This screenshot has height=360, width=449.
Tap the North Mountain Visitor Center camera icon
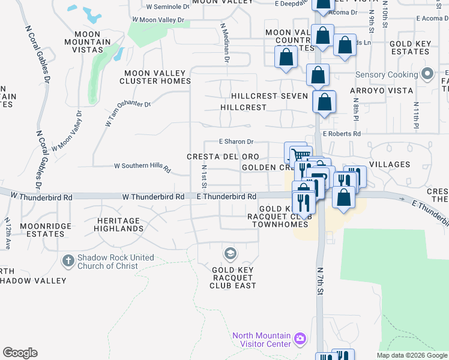click(x=300, y=340)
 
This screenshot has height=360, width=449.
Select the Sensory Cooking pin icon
click(x=427, y=74)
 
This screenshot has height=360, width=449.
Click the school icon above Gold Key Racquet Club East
click(x=229, y=254)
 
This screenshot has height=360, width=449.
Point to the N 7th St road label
click(x=321, y=281)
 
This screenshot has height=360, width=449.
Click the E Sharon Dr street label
click(x=237, y=142)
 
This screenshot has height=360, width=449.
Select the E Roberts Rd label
click(x=342, y=134)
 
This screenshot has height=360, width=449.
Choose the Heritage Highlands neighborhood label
click(x=120, y=225)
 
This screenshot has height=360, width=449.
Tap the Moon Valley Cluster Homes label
click(x=155, y=77)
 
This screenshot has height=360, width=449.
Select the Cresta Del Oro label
click(x=222, y=157)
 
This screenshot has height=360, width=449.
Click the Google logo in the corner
click(x=20, y=353)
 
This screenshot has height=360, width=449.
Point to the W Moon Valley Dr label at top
click(x=160, y=20)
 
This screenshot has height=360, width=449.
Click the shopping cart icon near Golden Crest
click(x=301, y=155)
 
